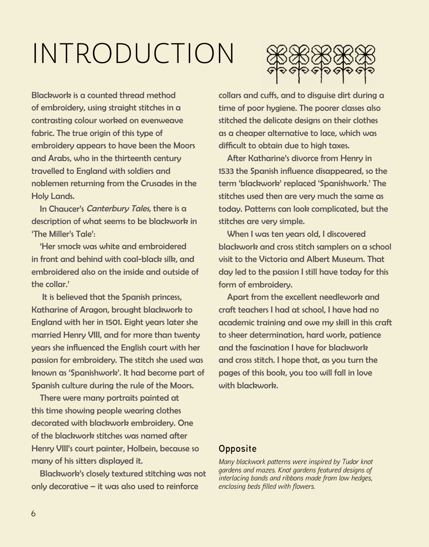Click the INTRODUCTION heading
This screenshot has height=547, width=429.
pos(133,53)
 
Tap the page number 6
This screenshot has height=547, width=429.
pos(33,514)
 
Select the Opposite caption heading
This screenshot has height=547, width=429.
pos(238,449)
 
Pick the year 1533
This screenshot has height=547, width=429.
pos(226,171)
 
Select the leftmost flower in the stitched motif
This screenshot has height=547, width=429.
pos(277,62)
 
